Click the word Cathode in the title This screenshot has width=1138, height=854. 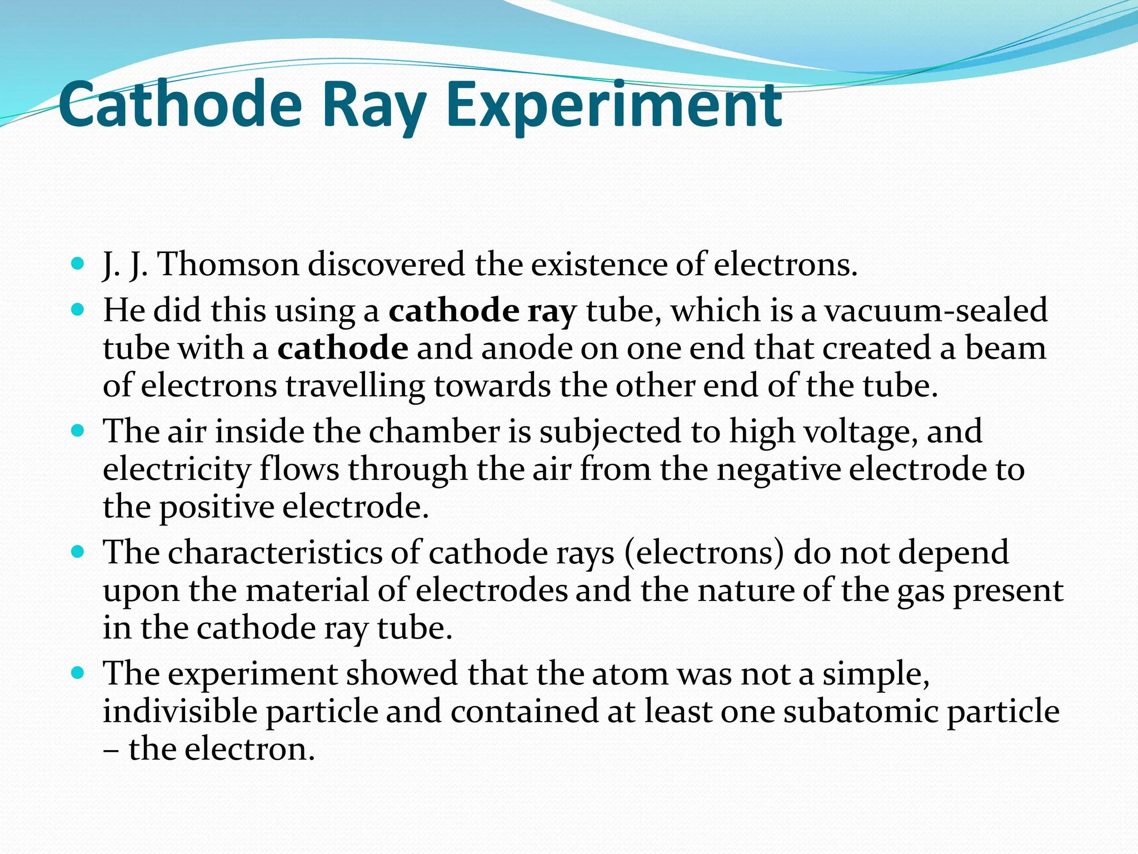[180, 105]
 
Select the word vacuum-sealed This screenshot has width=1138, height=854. [936, 310]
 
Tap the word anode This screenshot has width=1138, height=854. [527, 348]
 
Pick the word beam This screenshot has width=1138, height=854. [1005, 348]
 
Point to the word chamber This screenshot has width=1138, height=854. [434, 431]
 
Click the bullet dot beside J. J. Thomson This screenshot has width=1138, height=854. [78, 262]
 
